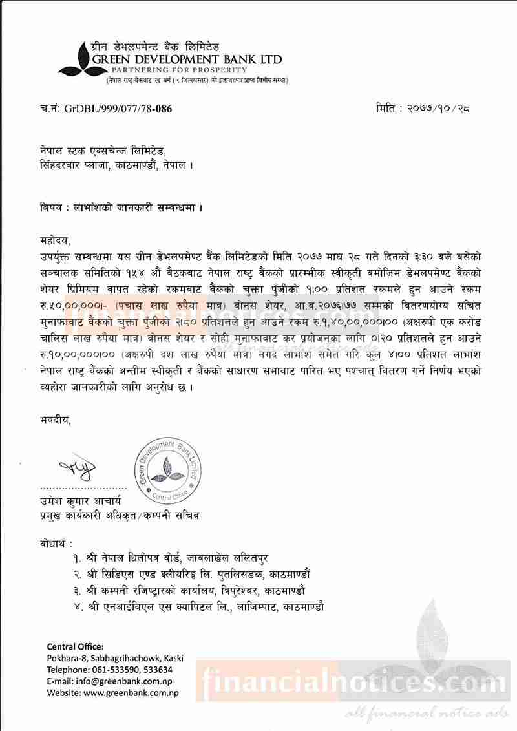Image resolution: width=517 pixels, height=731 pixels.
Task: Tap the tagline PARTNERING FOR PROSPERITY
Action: (178, 69)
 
